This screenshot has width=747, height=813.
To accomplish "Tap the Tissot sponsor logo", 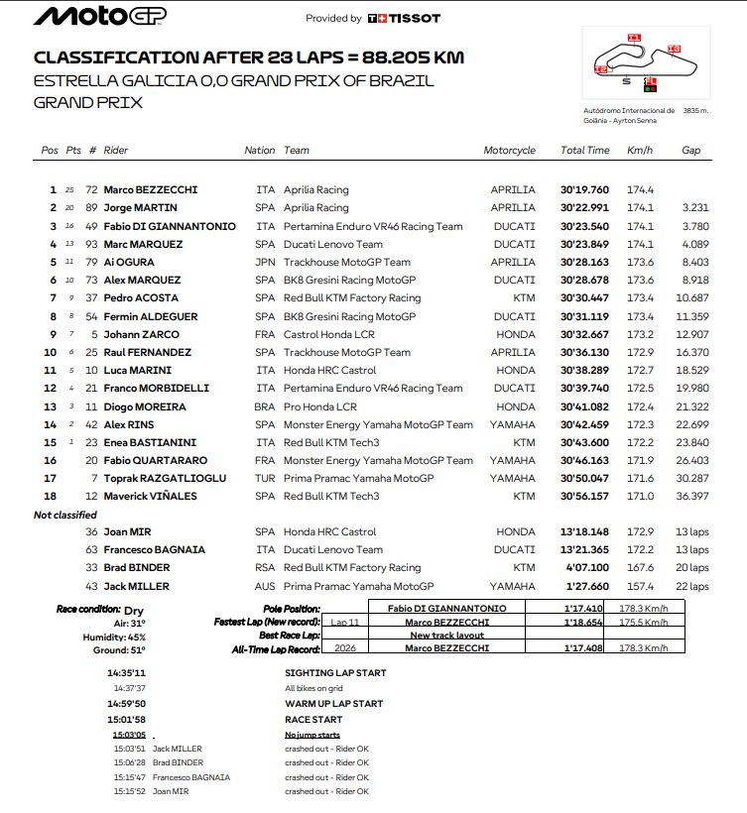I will (404, 18).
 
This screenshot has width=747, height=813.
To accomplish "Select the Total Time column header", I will (584, 151).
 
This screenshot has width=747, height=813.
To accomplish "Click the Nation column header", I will (260, 151).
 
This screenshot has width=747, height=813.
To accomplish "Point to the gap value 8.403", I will (695, 263).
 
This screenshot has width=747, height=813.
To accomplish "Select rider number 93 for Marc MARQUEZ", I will (92, 244).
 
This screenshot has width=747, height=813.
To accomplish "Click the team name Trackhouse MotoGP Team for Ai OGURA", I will (346, 263).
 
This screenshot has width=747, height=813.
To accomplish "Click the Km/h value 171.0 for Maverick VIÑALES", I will (640, 497).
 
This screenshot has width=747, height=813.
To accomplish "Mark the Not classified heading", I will (65, 515).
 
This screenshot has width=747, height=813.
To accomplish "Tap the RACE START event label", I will (313, 719).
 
